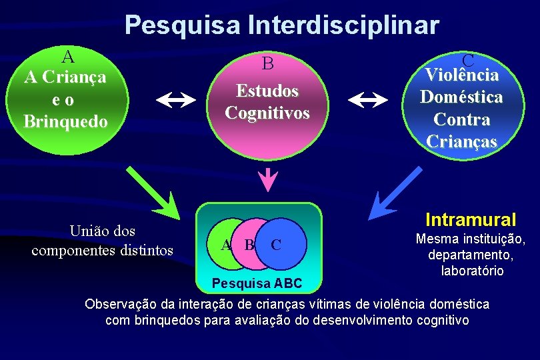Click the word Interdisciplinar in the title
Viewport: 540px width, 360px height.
343,25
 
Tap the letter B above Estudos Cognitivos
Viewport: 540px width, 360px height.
267,64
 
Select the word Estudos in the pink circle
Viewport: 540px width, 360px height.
267,90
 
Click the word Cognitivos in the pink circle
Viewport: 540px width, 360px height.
267,113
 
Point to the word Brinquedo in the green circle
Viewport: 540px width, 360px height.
65,122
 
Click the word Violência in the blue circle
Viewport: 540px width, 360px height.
461,75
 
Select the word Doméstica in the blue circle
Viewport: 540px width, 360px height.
461,97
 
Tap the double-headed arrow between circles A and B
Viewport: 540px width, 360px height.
176,100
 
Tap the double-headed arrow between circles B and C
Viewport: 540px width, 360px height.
368,100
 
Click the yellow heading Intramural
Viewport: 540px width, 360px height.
471,219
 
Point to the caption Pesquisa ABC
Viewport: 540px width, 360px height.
257,284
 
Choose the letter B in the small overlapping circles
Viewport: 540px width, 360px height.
249,245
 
